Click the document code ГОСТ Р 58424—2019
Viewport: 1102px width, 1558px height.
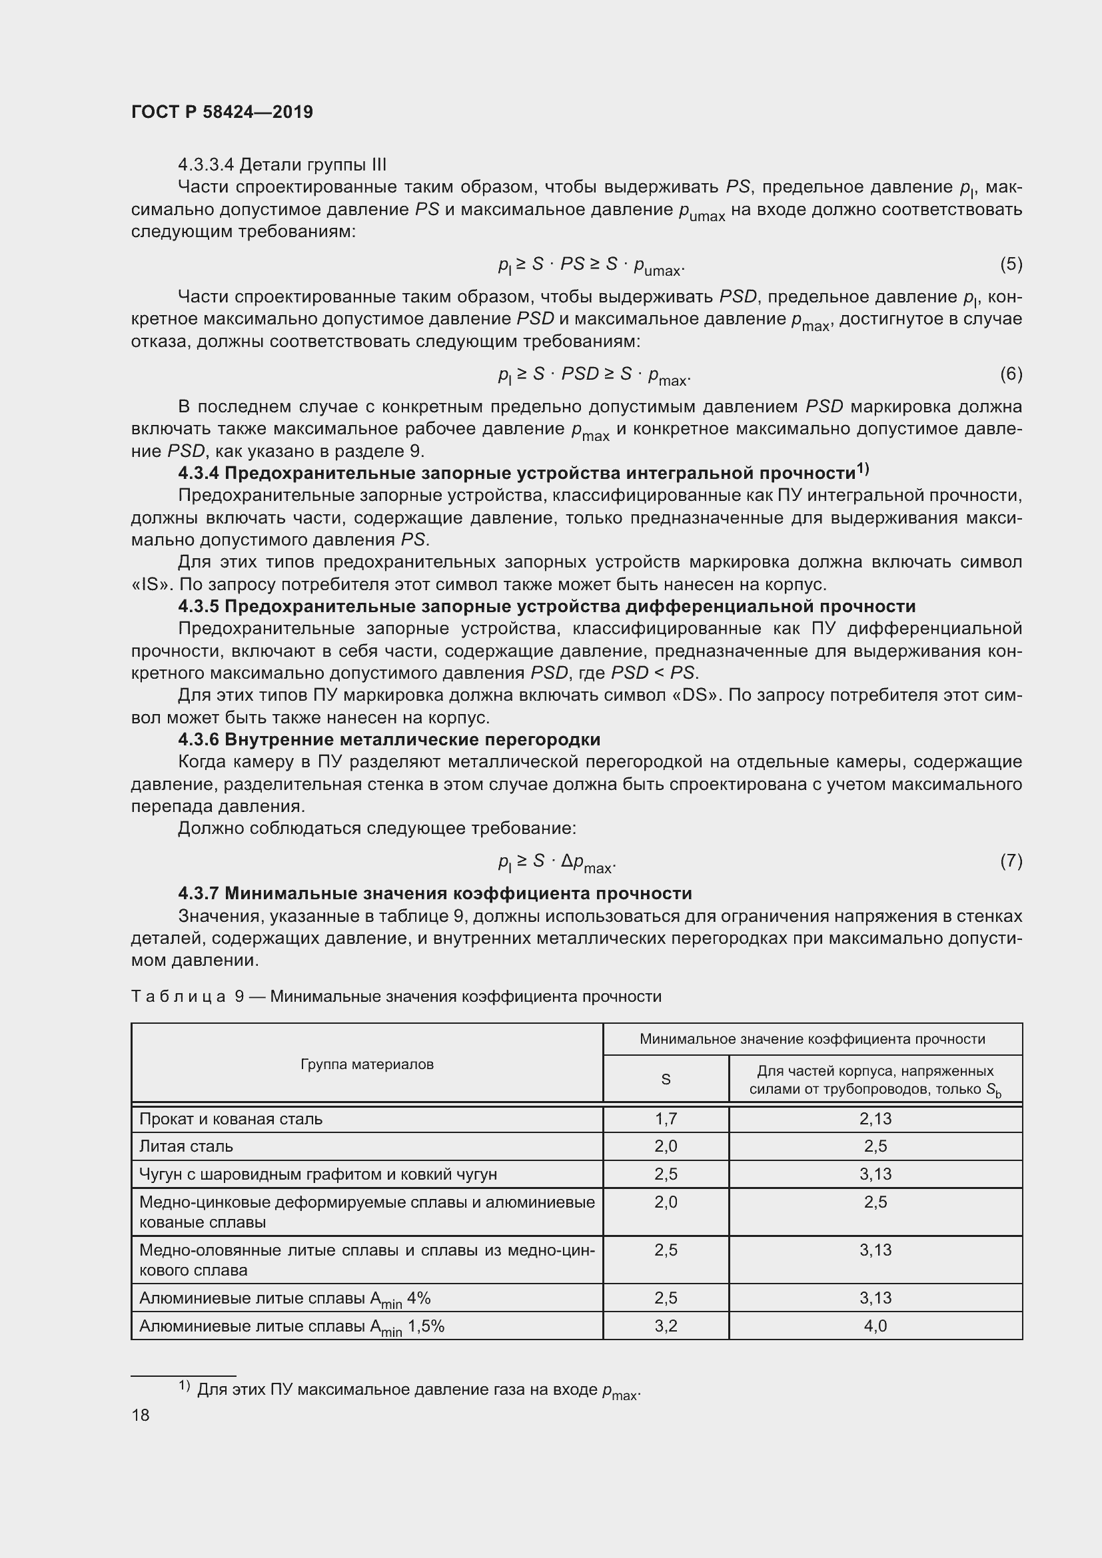222,112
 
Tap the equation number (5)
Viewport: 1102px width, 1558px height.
1011,264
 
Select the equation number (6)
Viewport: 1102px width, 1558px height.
1011,374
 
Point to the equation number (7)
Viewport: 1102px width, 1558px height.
1011,861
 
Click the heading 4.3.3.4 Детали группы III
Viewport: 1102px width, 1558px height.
282,165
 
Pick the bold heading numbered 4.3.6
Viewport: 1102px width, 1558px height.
389,739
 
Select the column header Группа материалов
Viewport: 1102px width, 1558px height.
366,1064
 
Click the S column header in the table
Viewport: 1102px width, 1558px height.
666,1079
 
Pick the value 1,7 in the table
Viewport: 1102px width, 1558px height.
666,1118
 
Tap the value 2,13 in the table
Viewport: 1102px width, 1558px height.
875,1118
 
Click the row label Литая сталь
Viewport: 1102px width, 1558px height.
186,1146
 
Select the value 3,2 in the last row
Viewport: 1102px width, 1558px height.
666,1326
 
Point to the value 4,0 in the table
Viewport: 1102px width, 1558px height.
875,1326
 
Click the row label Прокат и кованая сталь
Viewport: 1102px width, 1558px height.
231,1118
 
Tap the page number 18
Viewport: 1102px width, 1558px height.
141,1415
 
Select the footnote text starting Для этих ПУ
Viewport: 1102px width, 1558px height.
417,1389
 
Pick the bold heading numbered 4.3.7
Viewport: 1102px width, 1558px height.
434,893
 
